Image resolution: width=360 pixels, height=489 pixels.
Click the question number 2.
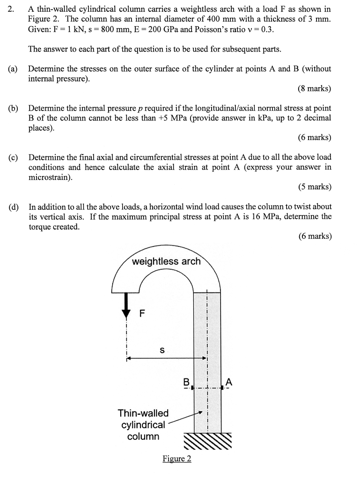coord(11,9)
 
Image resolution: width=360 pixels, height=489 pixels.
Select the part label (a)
coord(13,69)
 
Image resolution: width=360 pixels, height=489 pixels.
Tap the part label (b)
coord(13,109)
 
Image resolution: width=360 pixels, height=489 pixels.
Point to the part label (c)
coord(13,157)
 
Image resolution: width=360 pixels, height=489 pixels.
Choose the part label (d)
coord(13,207)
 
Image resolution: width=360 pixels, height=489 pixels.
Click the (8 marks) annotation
coord(314,89)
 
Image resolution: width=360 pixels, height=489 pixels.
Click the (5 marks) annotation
coord(314,187)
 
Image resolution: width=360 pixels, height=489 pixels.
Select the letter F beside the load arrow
coord(143,313)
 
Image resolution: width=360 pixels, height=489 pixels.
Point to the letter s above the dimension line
coord(162,349)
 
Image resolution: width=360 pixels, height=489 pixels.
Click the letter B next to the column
coord(186,382)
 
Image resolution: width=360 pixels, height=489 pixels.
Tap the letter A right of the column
coord(228,382)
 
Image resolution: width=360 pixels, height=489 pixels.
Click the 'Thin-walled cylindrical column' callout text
coord(143,425)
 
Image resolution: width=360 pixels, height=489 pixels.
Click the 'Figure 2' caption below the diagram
coord(176,459)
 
